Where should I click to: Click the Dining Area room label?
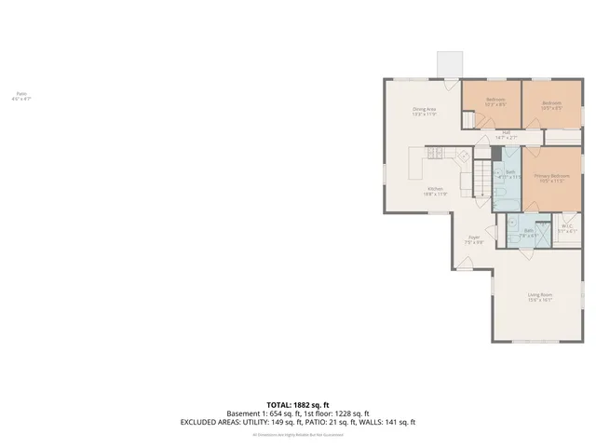point(425,111)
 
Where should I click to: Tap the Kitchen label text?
point(436,191)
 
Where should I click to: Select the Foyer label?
point(473,239)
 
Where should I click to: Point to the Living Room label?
point(540,297)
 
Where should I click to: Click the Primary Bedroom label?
point(551,178)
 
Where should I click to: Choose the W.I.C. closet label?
point(567,228)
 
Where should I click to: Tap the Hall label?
point(506,134)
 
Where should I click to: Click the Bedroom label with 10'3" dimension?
point(494,102)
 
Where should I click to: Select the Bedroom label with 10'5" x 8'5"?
point(551,105)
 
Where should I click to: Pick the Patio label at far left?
point(20,95)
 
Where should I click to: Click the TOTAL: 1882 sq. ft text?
point(298,404)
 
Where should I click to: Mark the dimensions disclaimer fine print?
point(298,434)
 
